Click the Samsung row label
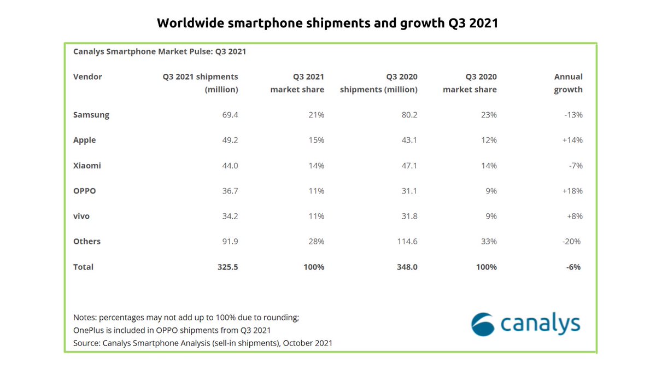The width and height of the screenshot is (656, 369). (x=91, y=115)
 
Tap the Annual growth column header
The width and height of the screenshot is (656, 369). (x=568, y=83)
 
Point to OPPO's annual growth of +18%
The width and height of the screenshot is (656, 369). (x=572, y=191)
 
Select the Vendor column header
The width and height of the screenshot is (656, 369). (x=87, y=77)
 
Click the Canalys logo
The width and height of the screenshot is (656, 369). (x=526, y=323)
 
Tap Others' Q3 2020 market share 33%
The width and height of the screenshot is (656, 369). (x=488, y=241)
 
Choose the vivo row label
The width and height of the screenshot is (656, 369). (x=81, y=216)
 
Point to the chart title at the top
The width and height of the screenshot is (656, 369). (x=327, y=23)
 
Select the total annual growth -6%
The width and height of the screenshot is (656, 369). (x=573, y=267)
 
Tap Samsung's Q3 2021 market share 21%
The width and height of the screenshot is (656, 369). (x=316, y=115)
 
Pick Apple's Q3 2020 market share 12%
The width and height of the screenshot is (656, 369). (x=488, y=140)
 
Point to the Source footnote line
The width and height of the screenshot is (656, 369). (x=203, y=343)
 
